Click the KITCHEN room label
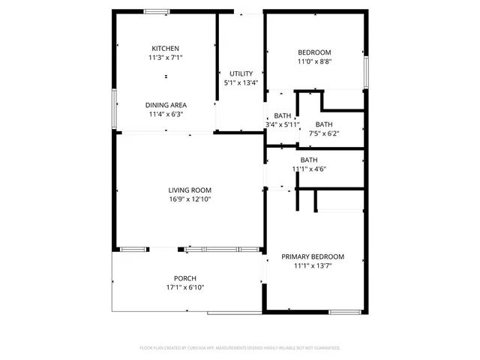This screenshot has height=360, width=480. pos(165,49)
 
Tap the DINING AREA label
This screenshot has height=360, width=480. pos(166,105)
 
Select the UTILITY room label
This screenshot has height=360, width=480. pos(241,73)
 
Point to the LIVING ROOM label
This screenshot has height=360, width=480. pos(189,190)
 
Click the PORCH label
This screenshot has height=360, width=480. pos(185,278)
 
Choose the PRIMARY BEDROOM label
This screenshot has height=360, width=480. pos(313,256)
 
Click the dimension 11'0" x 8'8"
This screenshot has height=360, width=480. pos(314,61)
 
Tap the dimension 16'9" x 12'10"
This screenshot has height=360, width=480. pos(189,199)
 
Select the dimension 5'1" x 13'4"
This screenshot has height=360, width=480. pos(241,82)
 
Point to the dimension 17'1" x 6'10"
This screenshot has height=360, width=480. pos(185,288)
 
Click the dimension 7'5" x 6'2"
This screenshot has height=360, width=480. pos(323,133)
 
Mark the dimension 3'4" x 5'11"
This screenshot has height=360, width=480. pos(283,124)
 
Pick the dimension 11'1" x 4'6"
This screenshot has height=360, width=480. pos(309,169)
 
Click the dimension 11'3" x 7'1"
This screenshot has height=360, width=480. pos(166,58)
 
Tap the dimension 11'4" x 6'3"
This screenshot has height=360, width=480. pos(166,114)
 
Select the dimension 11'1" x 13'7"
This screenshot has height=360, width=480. pos(313,265)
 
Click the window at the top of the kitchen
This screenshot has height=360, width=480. pos(157,11)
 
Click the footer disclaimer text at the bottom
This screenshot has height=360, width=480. pos(240,348)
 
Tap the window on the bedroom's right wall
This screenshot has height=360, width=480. pos(366,72)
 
